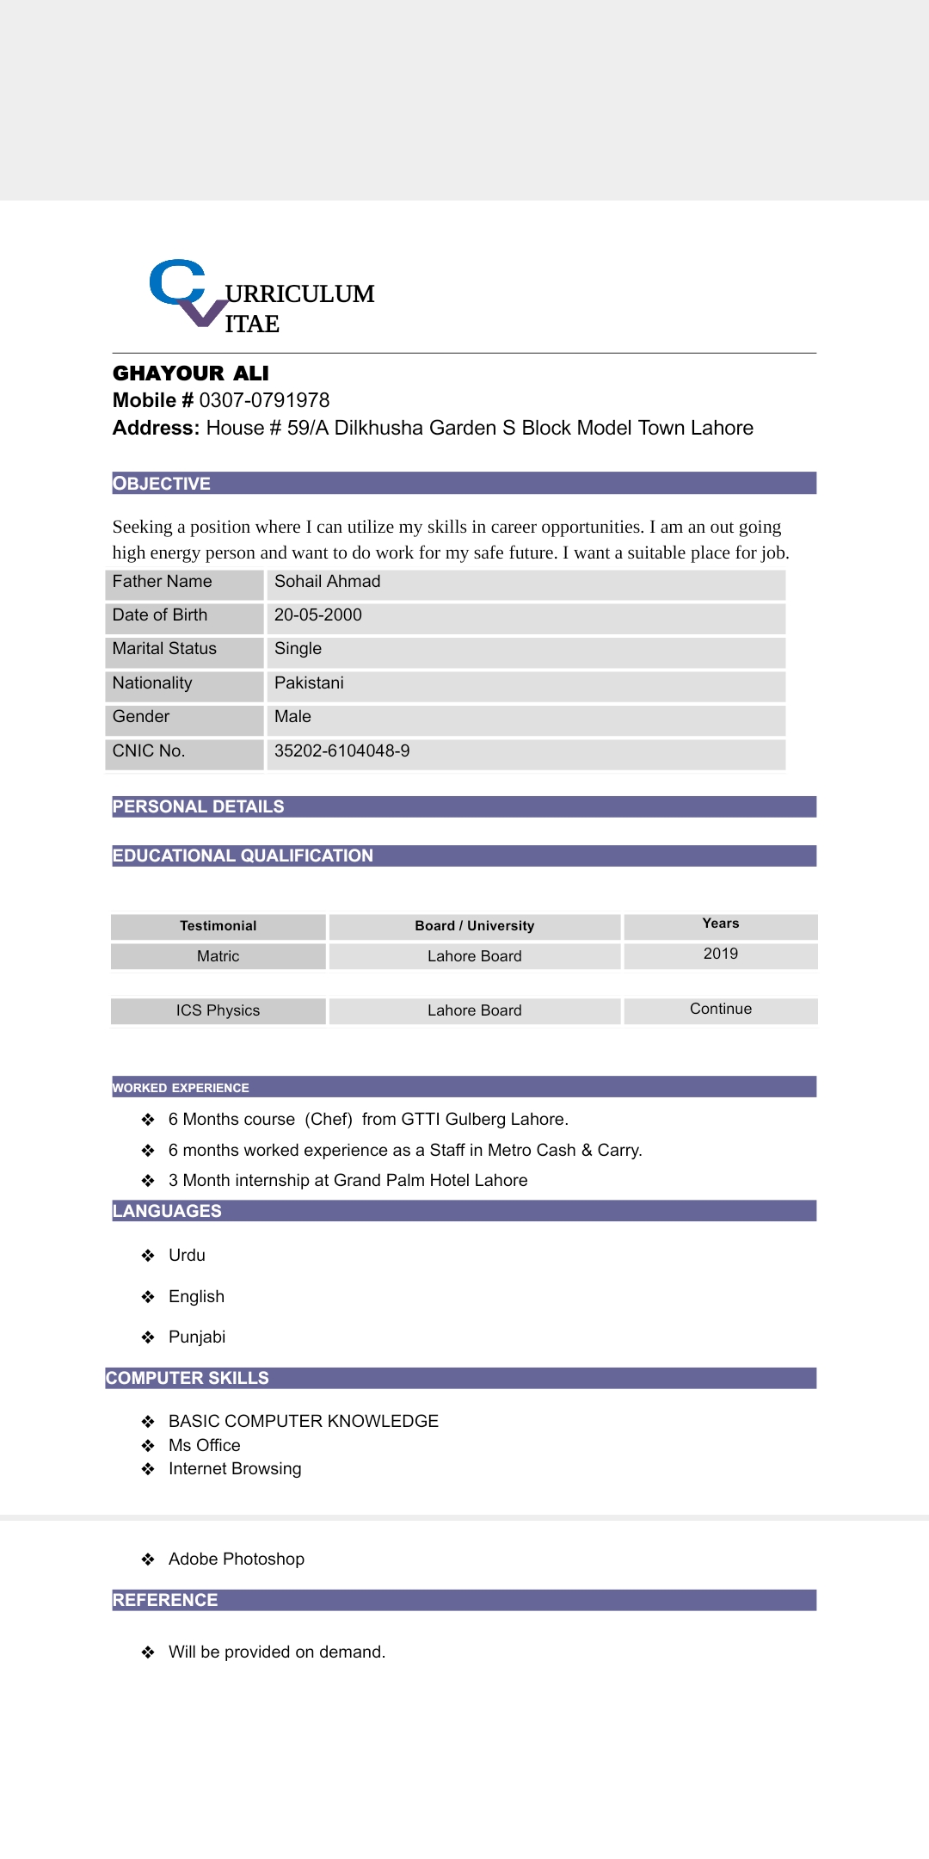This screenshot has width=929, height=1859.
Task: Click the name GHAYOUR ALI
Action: (x=191, y=374)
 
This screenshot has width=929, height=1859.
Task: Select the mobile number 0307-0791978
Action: (x=264, y=400)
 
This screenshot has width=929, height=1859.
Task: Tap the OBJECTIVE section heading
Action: (x=162, y=484)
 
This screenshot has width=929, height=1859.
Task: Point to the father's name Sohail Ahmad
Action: (x=327, y=582)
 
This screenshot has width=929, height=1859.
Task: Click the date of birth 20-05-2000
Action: (x=317, y=615)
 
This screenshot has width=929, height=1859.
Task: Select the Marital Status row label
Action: (x=164, y=649)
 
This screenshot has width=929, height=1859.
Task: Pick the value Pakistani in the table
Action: (x=309, y=683)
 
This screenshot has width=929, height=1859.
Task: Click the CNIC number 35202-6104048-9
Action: (x=341, y=751)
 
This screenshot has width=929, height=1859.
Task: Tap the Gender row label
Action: (x=141, y=717)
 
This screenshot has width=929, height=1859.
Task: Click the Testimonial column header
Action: (x=218, y=926)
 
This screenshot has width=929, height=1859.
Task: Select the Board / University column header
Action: (x=474, y=926)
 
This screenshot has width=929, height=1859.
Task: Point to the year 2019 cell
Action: (x=720, y=954)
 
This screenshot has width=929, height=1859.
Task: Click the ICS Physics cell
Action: (x=218, y=1010)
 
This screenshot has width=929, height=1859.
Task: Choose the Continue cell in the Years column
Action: (x=720, y=1009)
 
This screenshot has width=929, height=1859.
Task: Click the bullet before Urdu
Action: (x=148, y=1256)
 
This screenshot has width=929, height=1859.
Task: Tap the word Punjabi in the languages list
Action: (x=197, y=1337)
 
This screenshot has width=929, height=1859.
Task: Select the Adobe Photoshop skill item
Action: (x=237, y=1559)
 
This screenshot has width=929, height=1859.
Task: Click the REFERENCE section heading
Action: (x=165, y=1600)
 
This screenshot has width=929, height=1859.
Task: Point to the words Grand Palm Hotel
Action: (x=379, y=1181)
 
